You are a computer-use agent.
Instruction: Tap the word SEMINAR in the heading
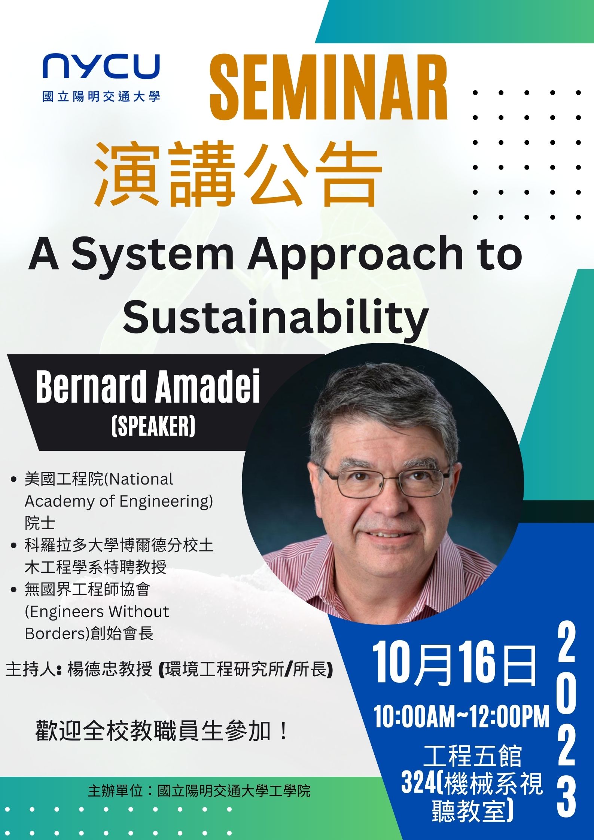pos(329,87)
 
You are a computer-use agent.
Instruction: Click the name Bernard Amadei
pos(148,387)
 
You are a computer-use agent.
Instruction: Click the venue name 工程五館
pos(473,755)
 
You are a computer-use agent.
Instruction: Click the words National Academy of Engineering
pos(119,491)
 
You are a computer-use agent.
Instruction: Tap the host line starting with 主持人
pos(169,669)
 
